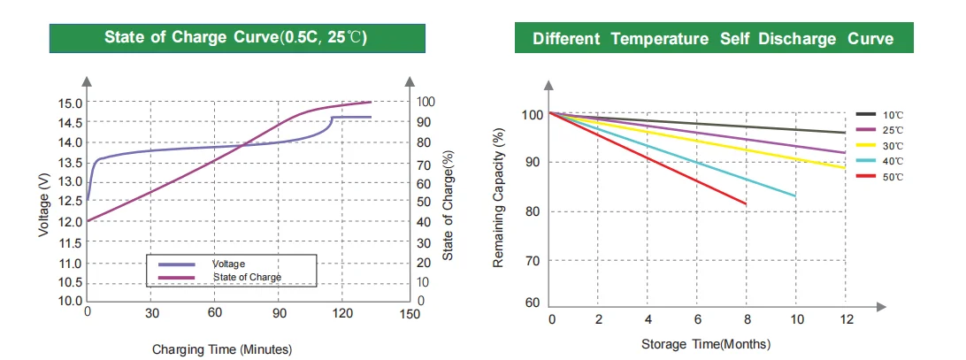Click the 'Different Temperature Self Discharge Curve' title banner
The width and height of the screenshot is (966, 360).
tap(712, 39)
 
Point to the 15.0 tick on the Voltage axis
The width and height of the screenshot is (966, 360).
tap(72, 103)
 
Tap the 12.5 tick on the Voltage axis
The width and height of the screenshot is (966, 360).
tap(72, 202)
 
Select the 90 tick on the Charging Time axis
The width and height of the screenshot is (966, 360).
tap(280, 313)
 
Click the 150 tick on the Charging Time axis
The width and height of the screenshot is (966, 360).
tap(410, 313)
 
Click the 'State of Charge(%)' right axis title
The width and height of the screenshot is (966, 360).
tap(448, 205)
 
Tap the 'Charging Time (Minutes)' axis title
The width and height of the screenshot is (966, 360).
tap(221, 349)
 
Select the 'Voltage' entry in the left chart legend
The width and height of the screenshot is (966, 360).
tap(228, 264)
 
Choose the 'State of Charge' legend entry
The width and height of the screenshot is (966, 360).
tap(247, 277)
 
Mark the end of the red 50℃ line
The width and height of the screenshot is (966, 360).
tap(746, 204)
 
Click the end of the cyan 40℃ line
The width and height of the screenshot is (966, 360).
tap(795, 195)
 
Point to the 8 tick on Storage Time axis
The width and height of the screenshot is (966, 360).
tap(747, 318)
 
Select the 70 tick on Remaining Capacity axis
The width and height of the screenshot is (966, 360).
tap(531, 261)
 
